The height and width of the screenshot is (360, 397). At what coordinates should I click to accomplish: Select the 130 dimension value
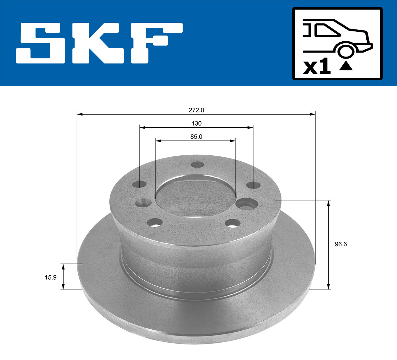(x=197, y=123)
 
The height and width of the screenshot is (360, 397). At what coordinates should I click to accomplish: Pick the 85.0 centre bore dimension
(x=196, y=137)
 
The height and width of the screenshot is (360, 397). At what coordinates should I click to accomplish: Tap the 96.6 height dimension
(x=341, y=244)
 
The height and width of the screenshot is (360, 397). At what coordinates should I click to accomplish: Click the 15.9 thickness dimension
(x=51, y=277)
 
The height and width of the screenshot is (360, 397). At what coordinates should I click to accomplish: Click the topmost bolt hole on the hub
(x=198, y=165)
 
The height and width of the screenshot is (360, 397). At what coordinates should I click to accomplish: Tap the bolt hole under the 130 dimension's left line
(x=141, y=184)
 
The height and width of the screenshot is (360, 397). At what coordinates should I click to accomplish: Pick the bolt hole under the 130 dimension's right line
(x=253, y=185)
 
